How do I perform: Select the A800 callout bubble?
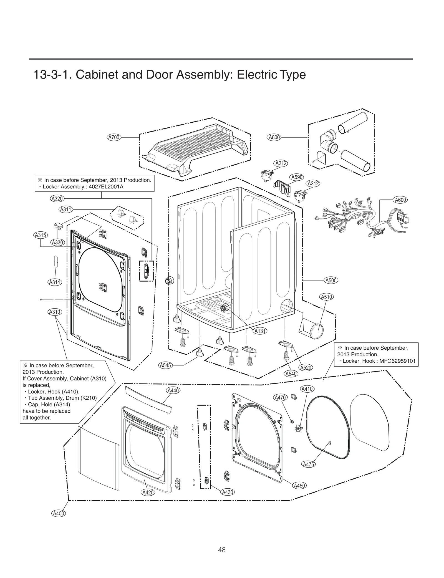pos(274,137)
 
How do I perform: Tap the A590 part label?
pos(297,177)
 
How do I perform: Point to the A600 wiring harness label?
pos(400,200)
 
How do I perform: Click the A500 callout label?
pos(331,280)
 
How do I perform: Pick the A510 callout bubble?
pos(327,297)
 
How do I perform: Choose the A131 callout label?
pos(260,331)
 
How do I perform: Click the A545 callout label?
pos(165,365)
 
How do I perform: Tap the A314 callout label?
pos(55,282)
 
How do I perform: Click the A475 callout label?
pos(309,464)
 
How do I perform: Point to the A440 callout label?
pos(173,390)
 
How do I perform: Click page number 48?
pos(222,549)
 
